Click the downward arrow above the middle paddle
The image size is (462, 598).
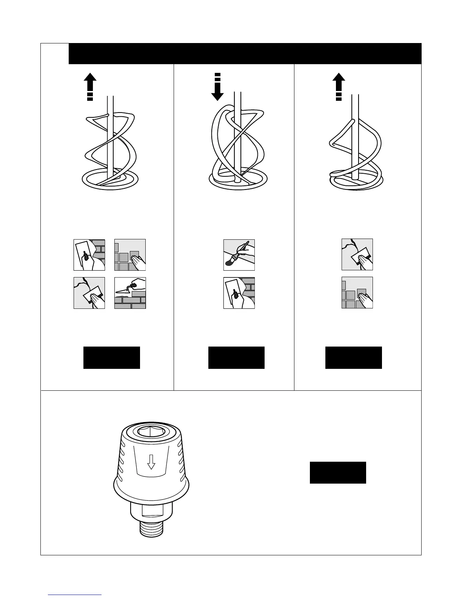tap(217, 88)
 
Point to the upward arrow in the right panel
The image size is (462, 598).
tap(339, 86)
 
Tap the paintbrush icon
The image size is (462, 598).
tap(239, 254)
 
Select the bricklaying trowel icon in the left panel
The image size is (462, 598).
tap(130, 293)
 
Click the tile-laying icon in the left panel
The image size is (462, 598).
tap(130, 254)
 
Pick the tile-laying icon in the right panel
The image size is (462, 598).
tap(357, 293)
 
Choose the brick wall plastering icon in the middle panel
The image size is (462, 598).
tap(239, 293)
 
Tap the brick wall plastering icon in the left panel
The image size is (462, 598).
tap(89, 254)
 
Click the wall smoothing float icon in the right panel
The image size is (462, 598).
tap(357, 254)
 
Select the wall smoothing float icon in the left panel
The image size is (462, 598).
tap(89, 293)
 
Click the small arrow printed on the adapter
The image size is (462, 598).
tap(151, 461)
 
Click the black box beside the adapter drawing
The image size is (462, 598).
tap(338, 472)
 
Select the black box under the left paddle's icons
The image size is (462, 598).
tap(112, 358)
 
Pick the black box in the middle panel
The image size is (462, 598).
tap(236, 358)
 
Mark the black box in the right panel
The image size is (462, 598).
tap(354, 358)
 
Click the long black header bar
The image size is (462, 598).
tap(245, 54)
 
